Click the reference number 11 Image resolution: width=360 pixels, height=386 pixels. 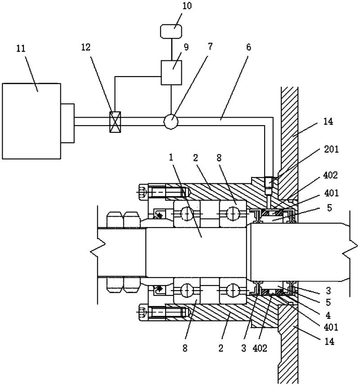coord(21,49)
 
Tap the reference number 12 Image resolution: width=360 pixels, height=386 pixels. coord(86,47)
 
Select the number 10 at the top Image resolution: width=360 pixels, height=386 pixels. coord(187,6)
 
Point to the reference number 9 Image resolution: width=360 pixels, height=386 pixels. coord(186,47)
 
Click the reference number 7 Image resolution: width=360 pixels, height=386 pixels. coord(210,46)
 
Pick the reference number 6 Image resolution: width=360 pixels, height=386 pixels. coord(248,47)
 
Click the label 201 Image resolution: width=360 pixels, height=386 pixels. coord(331,149)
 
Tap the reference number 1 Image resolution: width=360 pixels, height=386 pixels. coord(171,157)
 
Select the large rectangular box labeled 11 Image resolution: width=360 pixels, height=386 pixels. coord(31,121)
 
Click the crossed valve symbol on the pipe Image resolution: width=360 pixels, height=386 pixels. coord(115,122)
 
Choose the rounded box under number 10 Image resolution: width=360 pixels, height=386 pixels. coord(171,31)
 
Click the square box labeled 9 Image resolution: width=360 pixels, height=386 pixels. coord(171,73)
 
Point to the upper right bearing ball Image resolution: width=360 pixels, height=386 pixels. coord(233,213)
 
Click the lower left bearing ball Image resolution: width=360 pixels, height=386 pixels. coord(187,291)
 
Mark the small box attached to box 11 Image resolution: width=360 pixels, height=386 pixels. coord(67,123)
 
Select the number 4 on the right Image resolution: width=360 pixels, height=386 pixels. coord(328,315)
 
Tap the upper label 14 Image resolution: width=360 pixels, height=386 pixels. coord(328,121)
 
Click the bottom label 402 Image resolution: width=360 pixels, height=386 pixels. coord(260,348)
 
